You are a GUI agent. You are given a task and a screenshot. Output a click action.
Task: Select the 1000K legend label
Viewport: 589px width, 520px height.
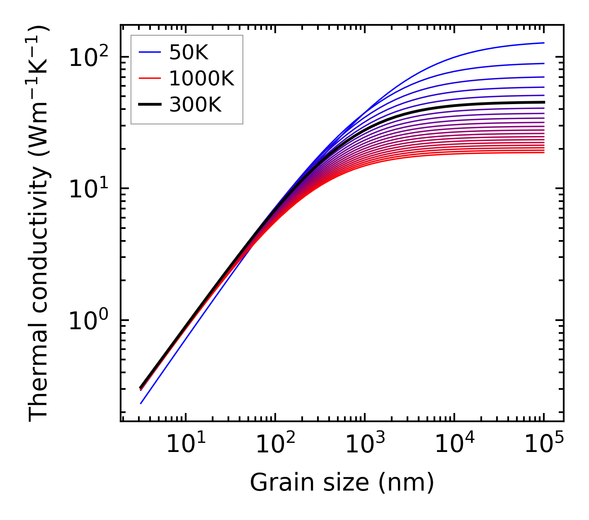click(x=201, y=78)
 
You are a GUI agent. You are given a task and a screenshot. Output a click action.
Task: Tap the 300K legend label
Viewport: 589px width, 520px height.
click(x=195, y=105)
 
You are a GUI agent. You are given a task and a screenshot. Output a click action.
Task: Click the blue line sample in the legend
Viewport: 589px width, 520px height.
click(x=149, y=52)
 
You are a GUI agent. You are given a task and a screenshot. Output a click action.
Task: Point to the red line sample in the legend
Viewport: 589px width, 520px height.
click(x=149, y=78)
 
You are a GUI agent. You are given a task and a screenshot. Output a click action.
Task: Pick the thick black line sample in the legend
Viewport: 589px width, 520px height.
click(x=149, y=105)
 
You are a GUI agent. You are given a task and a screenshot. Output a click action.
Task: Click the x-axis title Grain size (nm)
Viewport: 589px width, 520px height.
click(x=342, y=483)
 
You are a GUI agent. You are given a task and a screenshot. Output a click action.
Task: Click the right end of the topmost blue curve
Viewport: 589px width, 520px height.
click(x=543, y=43)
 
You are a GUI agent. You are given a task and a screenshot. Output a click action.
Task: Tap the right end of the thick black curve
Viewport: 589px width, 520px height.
click(x=543, y=102)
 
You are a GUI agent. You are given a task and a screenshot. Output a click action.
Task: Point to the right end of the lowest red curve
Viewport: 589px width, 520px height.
click(x=543, y=153)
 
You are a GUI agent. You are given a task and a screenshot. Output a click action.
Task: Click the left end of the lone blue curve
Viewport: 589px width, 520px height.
click(x=141, y=403)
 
